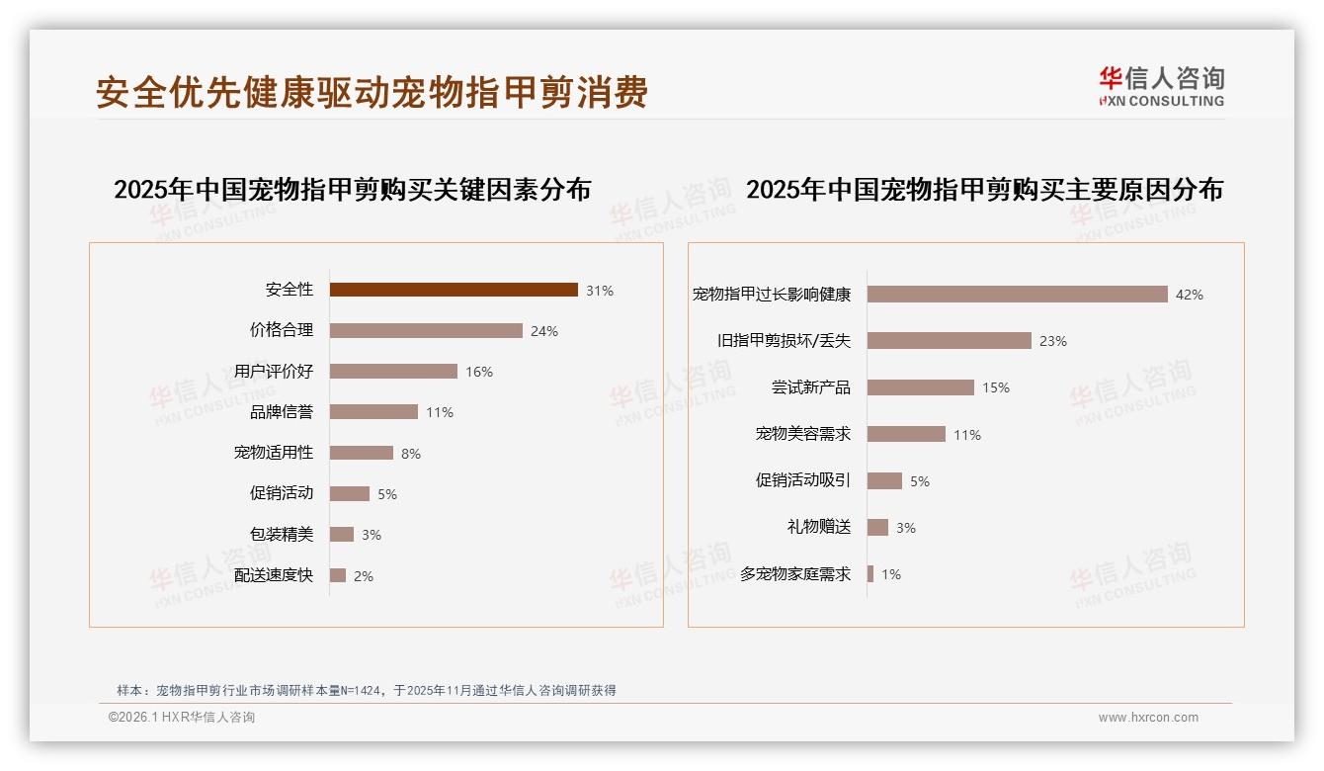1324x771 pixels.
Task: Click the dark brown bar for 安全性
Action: (x=454, y=290)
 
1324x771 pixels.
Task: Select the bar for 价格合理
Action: (x=426, y=330)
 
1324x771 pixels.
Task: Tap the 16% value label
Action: (x=479, y=372)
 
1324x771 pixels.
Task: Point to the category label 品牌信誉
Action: (x=282, y=412)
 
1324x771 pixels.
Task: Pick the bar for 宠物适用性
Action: (x=362, y=453)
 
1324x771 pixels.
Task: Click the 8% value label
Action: (x=411, y=454)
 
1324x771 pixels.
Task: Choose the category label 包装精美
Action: (x=282, y=534)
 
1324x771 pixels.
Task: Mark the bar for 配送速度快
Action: (x=338, y=575)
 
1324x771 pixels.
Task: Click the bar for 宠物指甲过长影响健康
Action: (x=1018, y=294)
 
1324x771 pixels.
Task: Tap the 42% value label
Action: (x=1190, y=295)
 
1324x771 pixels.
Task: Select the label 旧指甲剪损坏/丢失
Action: (x=784, y=340)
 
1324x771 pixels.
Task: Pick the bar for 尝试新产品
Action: (x=921, y=387)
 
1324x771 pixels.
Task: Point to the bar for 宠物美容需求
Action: (x=906, y=434)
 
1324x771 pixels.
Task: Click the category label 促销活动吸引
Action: (x=803, y=480)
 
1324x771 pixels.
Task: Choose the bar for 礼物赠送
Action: (x=877, y=527)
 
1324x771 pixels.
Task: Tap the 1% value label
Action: (x=891, y=574)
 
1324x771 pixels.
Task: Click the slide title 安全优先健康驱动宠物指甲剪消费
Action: (x=372, y=92)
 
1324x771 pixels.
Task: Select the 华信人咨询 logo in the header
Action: (x=1161, y=86)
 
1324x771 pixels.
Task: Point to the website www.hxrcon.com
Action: (x=1148, y=718)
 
